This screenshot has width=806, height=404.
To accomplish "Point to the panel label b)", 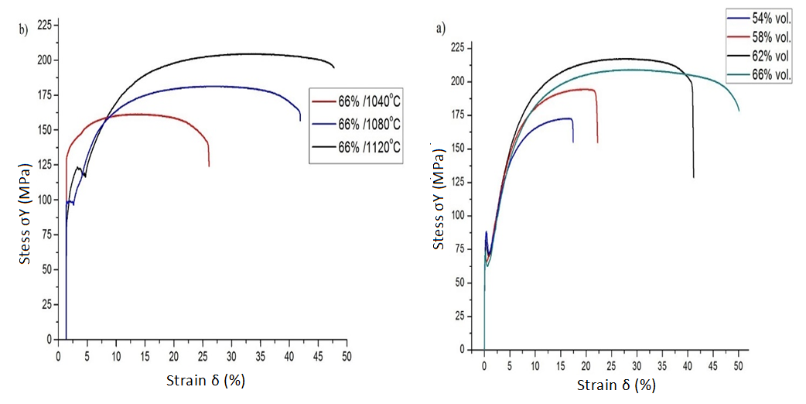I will tap(23, 30).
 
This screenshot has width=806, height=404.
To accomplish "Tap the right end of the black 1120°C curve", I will tap(334, 67).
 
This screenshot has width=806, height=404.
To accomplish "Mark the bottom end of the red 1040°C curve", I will tap(209, 166).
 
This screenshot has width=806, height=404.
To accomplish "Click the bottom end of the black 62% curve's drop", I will tap(693, 177).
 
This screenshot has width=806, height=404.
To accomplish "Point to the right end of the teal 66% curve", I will tap(739, 111).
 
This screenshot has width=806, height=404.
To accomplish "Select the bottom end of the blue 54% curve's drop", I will tap(573, 142).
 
